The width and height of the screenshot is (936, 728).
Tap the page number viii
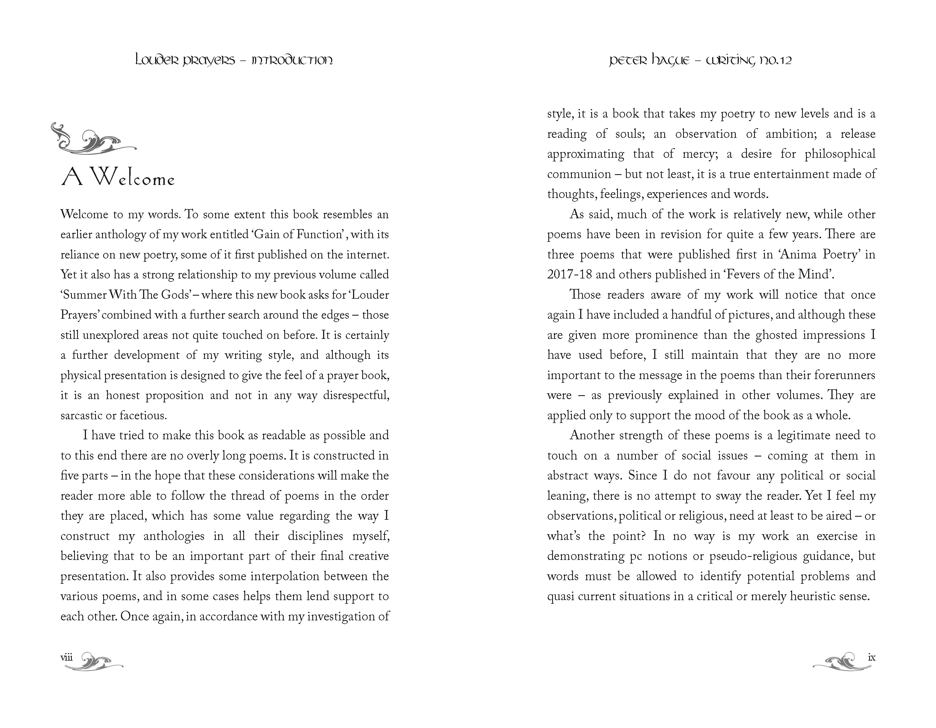pos(67,657)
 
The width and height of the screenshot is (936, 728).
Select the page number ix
pos(871,657)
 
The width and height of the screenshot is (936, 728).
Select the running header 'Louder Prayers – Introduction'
pos(234,60)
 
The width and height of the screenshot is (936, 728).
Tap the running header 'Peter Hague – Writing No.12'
pos(700,60)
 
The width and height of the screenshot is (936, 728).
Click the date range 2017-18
pos(569,275)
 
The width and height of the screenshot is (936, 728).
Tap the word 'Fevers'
pos(743,275)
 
